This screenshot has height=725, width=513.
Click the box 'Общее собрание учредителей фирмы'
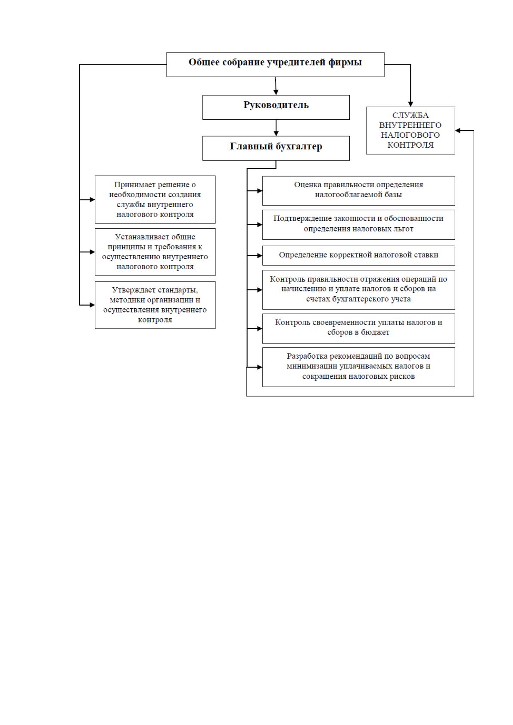tap(275, 65)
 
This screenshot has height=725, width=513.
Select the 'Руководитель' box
tap(276, 107)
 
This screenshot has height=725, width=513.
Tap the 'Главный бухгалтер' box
tap(276, 148)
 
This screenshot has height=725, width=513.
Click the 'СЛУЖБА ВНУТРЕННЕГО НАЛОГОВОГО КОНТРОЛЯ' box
tap(410, 130)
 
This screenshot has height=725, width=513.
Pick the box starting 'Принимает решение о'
tap(155, 199)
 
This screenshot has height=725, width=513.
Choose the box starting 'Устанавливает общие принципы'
tap(155, 252)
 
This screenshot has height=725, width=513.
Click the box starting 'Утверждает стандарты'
tap(155, 305)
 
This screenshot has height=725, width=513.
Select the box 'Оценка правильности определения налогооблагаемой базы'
tap(358, 191)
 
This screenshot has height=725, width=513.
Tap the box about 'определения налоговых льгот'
tap(358, 225)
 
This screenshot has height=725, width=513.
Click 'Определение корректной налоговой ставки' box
tap(358, 255)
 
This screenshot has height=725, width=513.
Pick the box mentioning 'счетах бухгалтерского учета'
tap(358, 290)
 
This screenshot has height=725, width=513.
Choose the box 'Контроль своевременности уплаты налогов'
tap(358, 328)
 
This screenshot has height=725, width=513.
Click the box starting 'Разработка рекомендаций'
tap(358, 367)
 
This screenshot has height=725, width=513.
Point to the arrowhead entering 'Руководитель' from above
tap(276, 92)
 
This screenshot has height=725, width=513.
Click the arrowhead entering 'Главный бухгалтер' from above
tap(276, 133)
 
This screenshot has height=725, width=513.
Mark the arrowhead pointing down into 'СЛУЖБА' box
tap(410, 104)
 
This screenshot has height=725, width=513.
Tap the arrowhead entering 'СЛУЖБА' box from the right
tap(457, 130)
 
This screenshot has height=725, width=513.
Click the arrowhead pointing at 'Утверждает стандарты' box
tap(92, 305)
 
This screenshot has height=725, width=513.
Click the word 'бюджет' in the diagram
tap(375, 332)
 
